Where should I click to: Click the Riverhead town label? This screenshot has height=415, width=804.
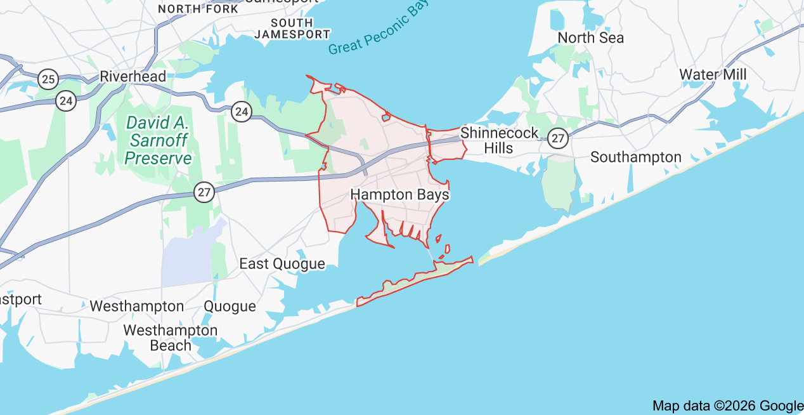click(x=133, y=77)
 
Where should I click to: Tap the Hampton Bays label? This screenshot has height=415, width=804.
click(x=399, y=194)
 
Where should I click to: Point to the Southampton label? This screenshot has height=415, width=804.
click(x=635, y=157)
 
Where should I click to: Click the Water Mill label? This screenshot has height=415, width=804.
click(x=713, y=74)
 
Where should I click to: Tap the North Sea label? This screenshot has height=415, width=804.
click(x=590, y=37)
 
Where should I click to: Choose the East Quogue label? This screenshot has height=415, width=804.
click(x=282, y=263)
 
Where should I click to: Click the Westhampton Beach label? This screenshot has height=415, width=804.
click(x=170, y=338)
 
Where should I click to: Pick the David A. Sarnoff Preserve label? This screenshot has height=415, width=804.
click(x=158, y=140)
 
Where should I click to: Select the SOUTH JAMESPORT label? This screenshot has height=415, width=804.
click(x=292, y=29)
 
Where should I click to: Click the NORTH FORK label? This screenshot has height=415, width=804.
click(x=198, y=9)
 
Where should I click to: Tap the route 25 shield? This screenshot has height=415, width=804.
click(x=48, y=79)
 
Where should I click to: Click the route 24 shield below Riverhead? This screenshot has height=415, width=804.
click(x=66, y=100)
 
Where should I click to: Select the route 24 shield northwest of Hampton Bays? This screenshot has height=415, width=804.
click(x=241, y=112)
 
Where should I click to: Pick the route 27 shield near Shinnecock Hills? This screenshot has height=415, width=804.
click(x=558, y=138)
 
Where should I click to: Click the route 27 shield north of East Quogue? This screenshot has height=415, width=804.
click(x=204, y=192)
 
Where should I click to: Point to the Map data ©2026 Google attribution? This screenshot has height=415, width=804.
click(x=727, y=406)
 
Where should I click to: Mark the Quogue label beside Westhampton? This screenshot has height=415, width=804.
click(x=230, y=306)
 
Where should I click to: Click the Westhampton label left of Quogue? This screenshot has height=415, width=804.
click(x=136, y=306)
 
